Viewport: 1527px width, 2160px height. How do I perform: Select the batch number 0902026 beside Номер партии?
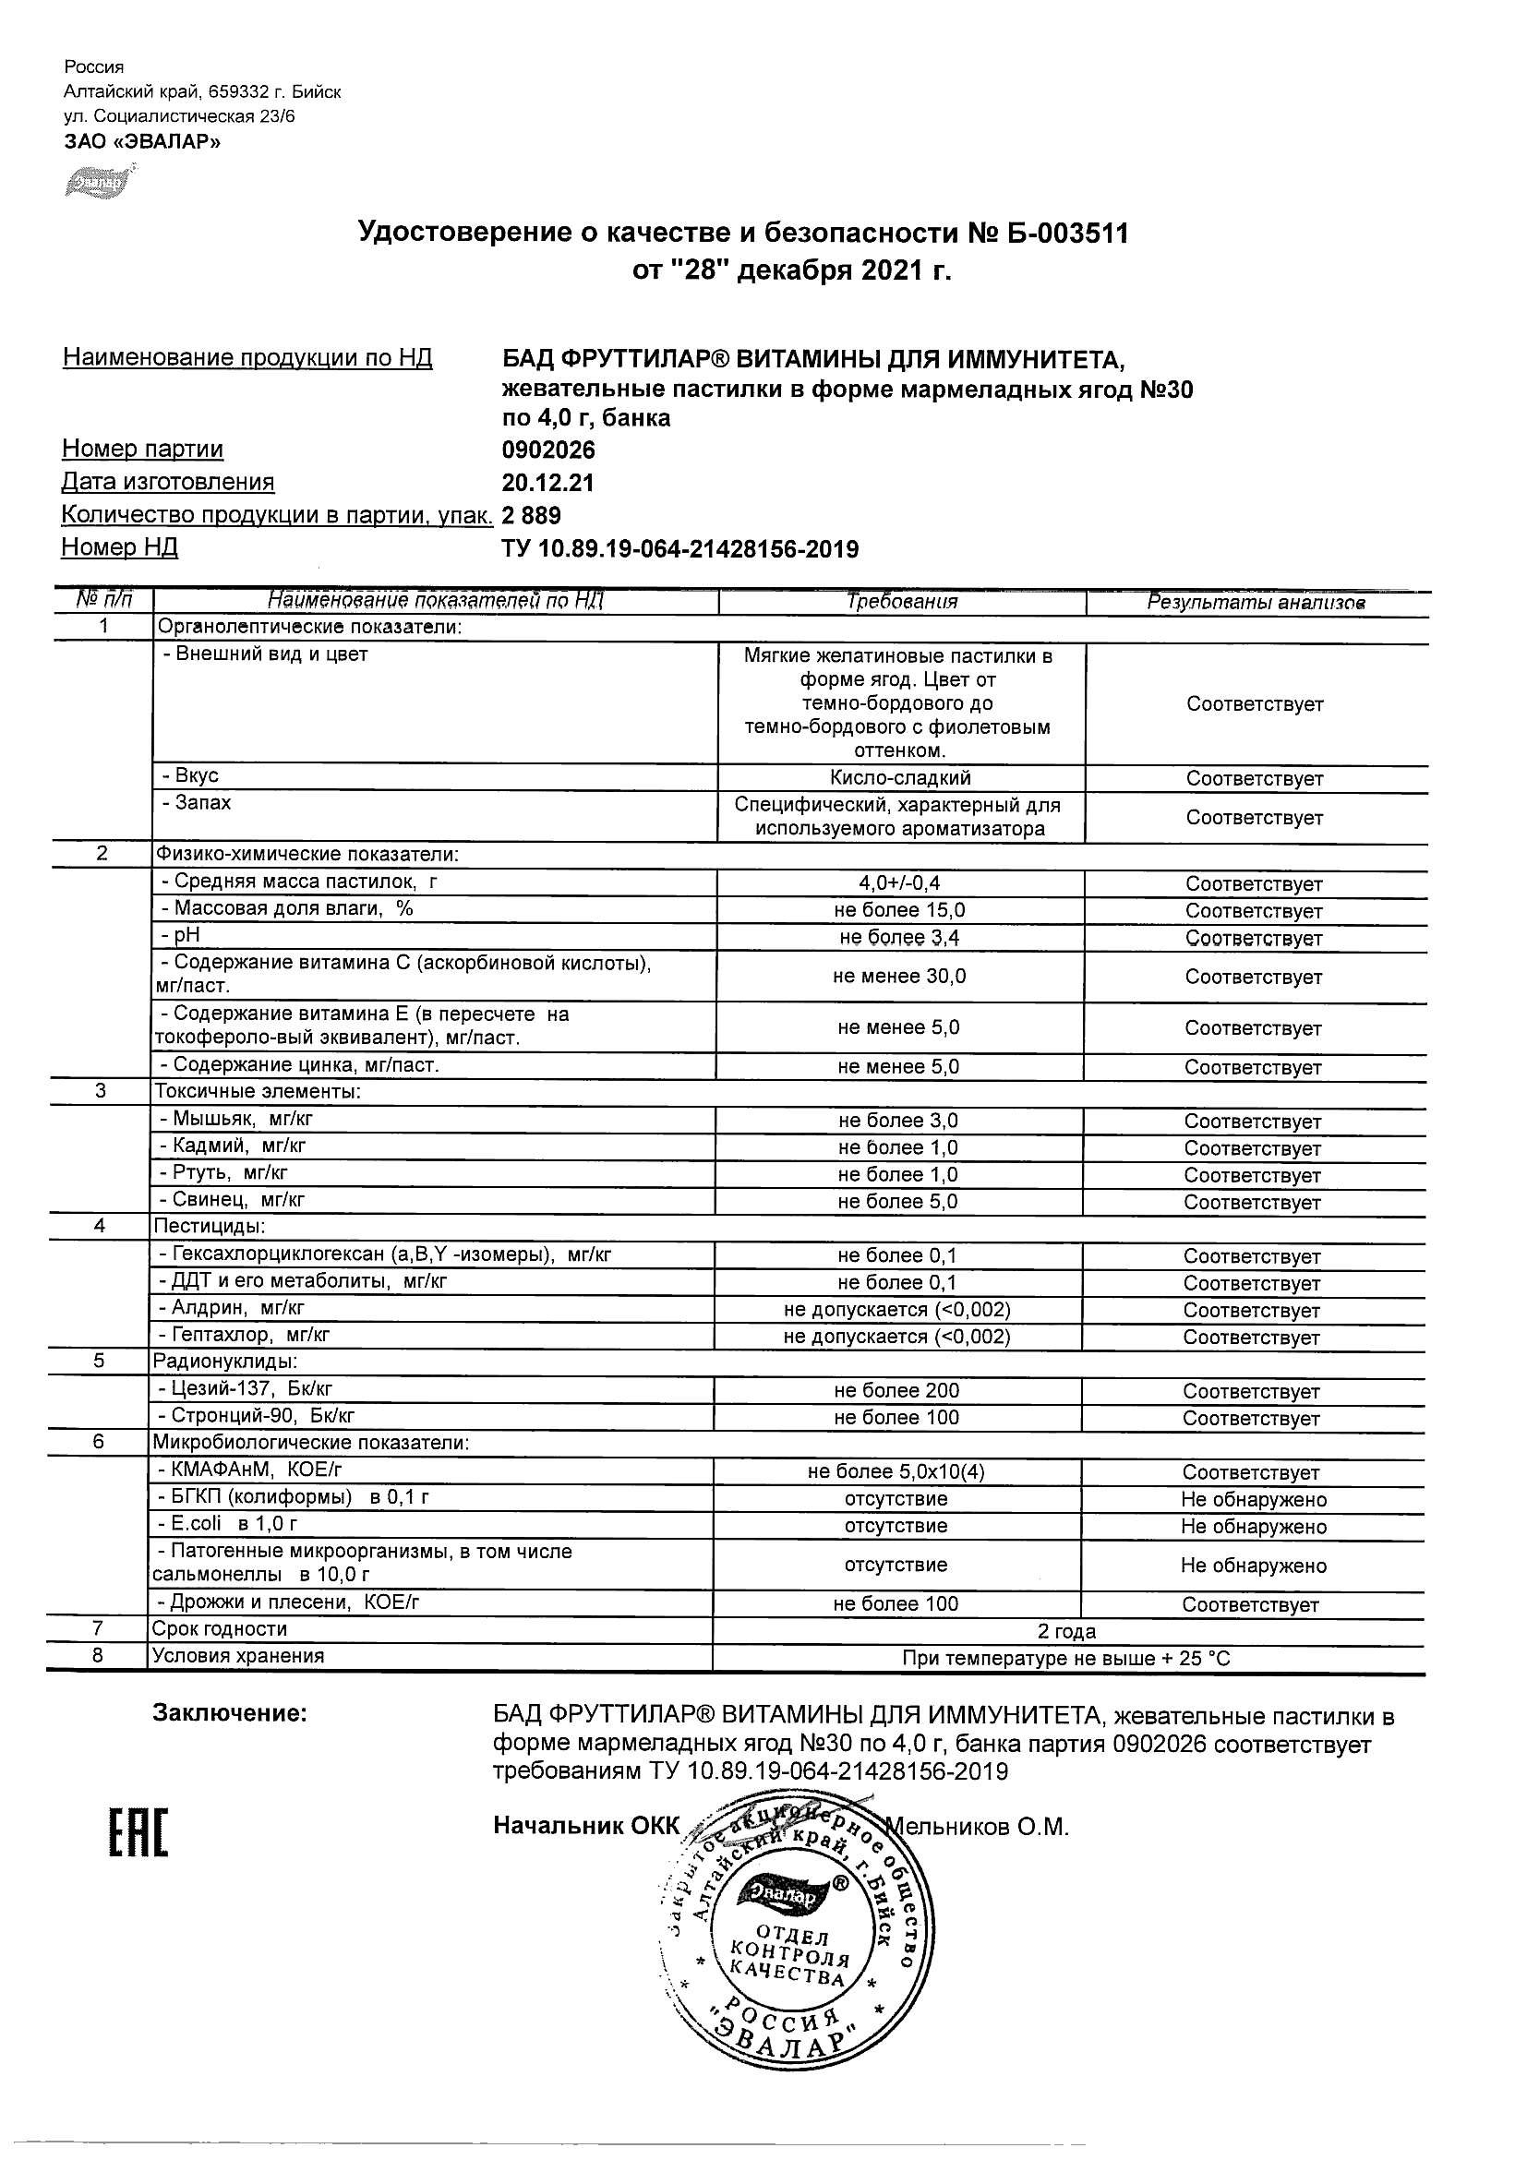click(548, 450)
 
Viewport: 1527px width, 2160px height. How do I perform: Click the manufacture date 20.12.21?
click(547, 483)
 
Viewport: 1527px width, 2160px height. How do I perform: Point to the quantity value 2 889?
click(532, 516)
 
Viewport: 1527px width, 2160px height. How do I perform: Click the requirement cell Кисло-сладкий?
click(900, 778)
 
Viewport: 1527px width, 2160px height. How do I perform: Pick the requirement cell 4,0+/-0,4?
click(900, 883)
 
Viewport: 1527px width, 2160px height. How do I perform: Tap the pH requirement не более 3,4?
click(899, 937)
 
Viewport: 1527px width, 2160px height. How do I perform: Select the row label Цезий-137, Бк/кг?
click(246, 1388)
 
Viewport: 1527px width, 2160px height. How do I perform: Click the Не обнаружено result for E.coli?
click(1253, 1526)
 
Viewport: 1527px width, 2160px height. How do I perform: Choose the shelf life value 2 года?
click(1066, 1631)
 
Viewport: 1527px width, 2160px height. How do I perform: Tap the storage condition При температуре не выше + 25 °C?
click(1066, 1659)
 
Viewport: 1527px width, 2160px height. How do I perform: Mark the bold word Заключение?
click(230, 1714)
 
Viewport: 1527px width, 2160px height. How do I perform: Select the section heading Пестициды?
click(209, 1227)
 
